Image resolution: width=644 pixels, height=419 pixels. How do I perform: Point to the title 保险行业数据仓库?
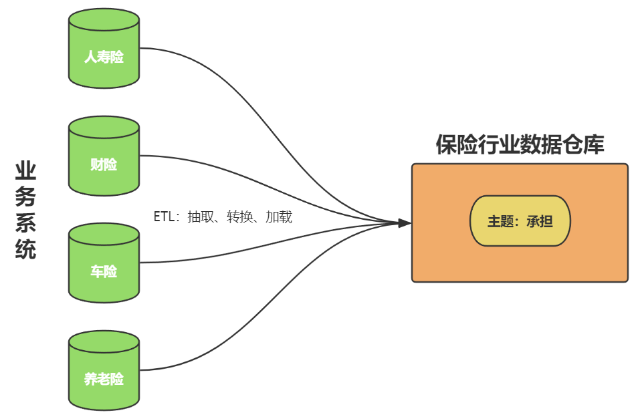(520, 144)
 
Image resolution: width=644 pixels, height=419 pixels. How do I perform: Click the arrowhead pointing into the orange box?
(405, 223)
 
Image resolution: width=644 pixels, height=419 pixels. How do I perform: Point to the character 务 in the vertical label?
(25, 197)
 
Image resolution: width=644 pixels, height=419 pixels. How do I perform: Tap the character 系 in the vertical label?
(25, 223)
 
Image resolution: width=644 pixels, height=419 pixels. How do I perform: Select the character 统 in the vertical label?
(25, 249)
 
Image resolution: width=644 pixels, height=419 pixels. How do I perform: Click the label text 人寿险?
(104, 57)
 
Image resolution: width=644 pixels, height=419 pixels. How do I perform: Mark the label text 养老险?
(104, 380)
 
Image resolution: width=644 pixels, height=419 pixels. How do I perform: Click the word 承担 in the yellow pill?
(539, 222)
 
